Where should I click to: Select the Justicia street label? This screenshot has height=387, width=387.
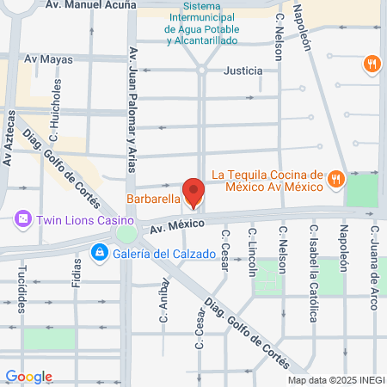click(x=243, y=71)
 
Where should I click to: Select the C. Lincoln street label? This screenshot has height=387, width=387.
click(x=252, y=254)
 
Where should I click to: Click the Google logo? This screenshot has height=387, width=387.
click(x=28, y=376)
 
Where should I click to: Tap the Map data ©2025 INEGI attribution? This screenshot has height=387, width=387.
click(x=335, y=380)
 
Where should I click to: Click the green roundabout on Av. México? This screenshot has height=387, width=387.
click(x=126, y=233)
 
